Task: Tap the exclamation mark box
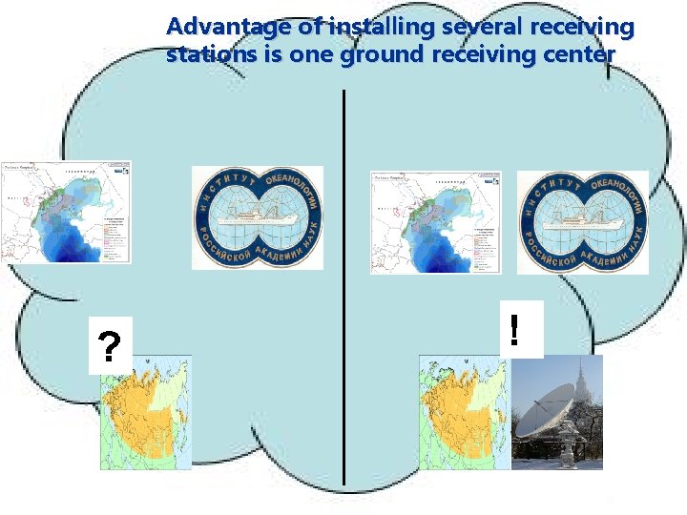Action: pos(515,330)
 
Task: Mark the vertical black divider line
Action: pos(343,286)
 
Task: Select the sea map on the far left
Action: pos(66,212)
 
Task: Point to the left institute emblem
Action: pos(258,217)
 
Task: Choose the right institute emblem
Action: pos(582,222)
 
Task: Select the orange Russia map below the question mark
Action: pos(146,412)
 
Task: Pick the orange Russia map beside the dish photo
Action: pos(464,412)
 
